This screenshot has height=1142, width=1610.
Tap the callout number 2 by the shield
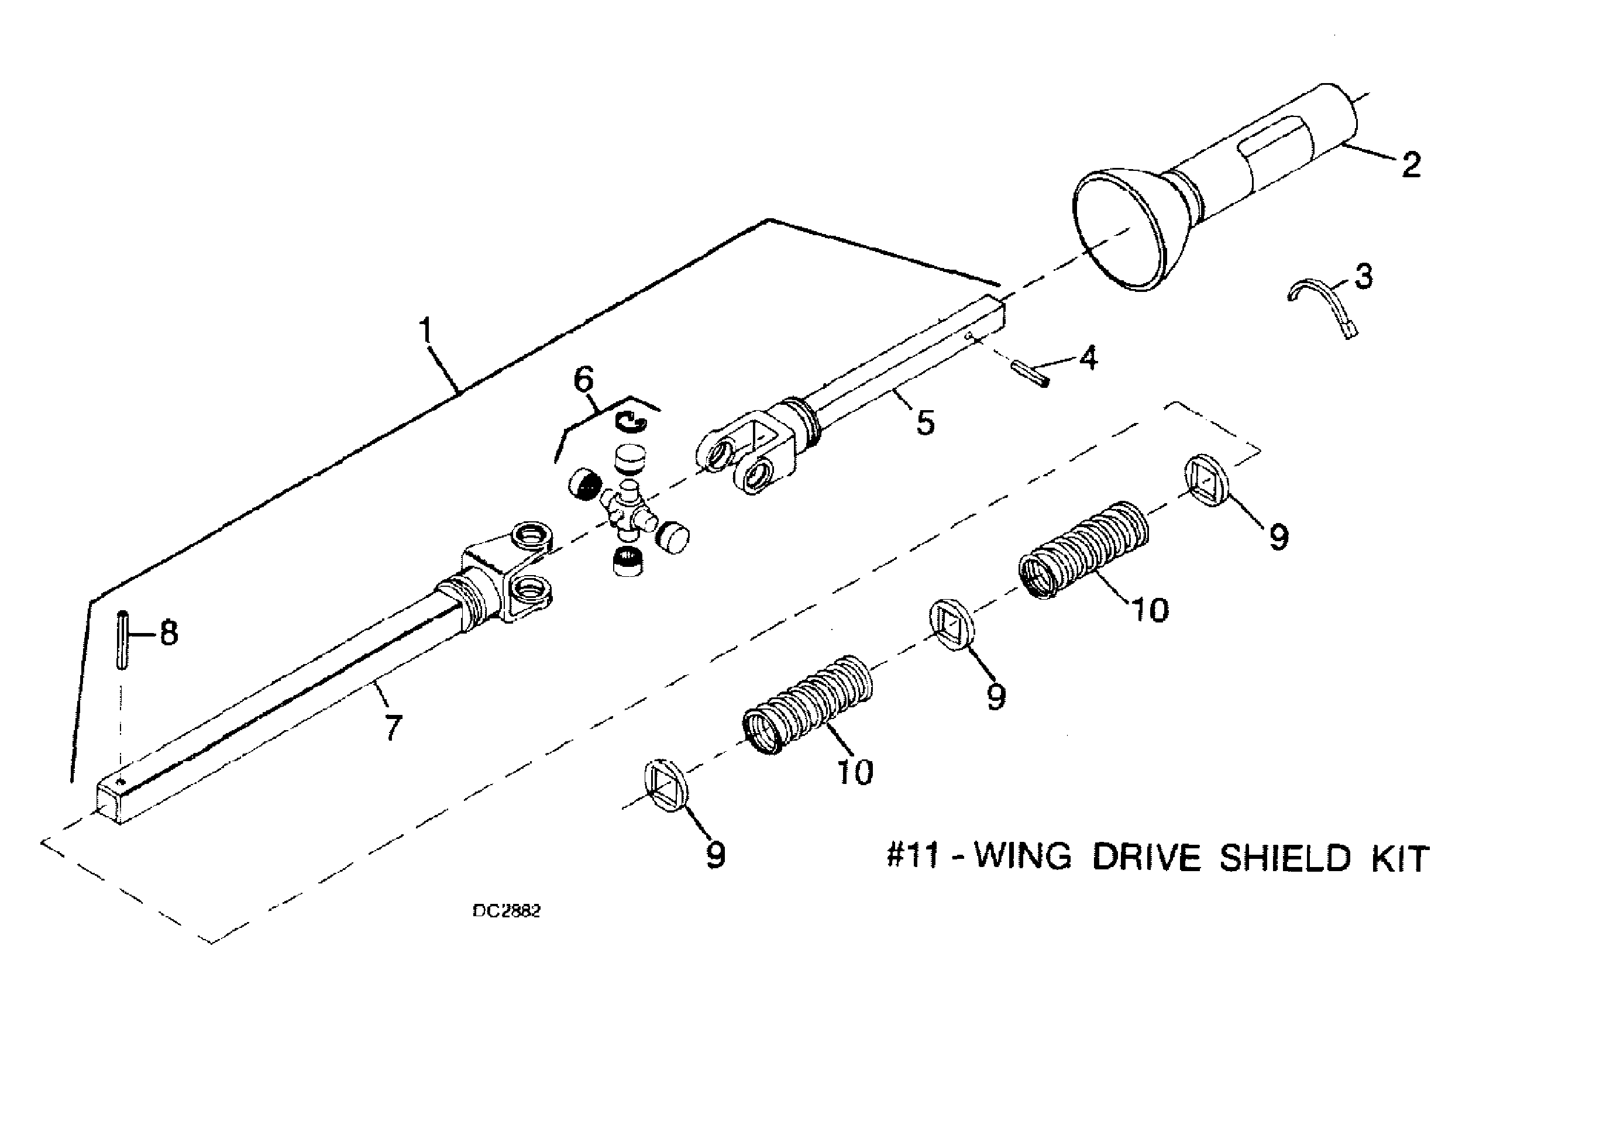tap(1410, 165)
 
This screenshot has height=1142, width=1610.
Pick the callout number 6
tap(583, 380)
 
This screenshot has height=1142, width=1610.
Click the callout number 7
tap(393, 727)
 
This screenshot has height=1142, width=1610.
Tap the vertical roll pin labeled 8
tap(123, 639)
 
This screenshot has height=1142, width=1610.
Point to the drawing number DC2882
tap(506, 911)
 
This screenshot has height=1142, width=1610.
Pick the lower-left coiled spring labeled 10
tap(808, 704)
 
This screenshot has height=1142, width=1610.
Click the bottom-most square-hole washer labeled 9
tap(665, 786)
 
